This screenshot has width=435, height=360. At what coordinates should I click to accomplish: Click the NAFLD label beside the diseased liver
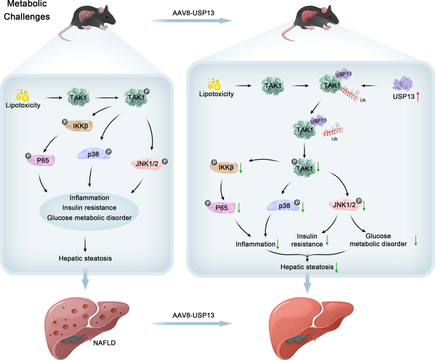(104, 343)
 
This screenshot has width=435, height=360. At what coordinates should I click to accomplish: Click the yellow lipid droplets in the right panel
(214, 84)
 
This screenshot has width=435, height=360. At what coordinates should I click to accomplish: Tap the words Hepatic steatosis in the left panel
(85, 258)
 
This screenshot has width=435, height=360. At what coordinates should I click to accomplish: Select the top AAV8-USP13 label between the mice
(193, 13)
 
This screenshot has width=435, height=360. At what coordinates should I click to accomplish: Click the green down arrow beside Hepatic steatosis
(336, 267)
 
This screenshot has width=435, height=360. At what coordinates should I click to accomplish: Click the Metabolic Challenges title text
(27, 10)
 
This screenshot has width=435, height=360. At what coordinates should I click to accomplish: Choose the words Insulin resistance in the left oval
(89, 207)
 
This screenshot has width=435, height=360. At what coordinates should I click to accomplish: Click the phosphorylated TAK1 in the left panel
(136, 98)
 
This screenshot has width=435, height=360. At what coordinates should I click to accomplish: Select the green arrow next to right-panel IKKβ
(241, 168)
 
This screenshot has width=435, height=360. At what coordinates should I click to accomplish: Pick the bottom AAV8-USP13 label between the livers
(193, 315)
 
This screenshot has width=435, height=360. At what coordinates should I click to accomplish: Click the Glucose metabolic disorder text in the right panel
(378, 240)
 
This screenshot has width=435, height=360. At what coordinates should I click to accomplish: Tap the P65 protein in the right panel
(221, 207)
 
